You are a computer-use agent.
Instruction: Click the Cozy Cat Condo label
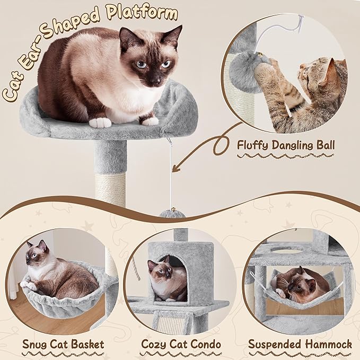point(181,344)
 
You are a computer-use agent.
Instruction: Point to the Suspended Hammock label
point(300,344)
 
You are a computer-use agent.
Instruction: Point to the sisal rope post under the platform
point(111,189)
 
